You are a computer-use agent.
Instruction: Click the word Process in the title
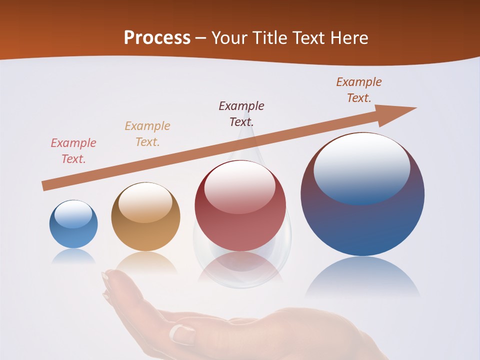tap(157, 38)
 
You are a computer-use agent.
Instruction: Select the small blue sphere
tap(73, 224)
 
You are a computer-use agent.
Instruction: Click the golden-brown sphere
tap(145, 217)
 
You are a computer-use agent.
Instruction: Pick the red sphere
tap(240, 206)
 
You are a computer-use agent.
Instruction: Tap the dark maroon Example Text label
tap(241, 113)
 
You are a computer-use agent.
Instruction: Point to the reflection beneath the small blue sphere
tap(73, 256)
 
